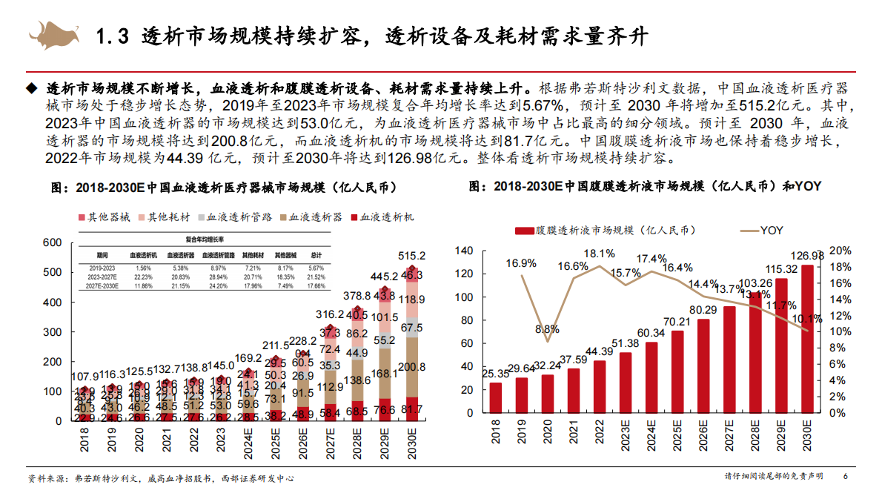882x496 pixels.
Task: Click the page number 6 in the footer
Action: tap(846, 476)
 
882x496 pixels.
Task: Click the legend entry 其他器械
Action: tap(104, 217)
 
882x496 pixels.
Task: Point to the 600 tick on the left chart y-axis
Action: tap(53, 242)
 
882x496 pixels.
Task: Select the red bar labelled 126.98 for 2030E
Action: tap(807, 338)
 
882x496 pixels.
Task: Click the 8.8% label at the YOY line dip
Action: tap(547, 328)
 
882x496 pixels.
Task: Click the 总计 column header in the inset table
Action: tap(316, 254)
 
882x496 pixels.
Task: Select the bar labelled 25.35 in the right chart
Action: tap(495, 397)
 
